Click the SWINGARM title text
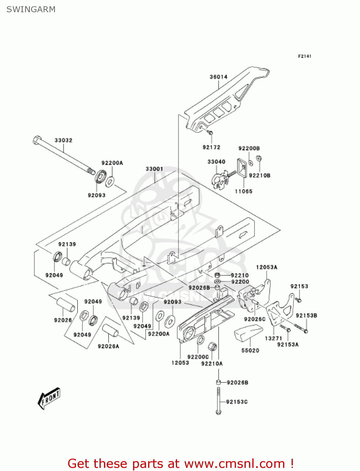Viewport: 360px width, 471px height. (x=31, y=9)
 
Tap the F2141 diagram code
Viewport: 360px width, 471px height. (x=304, y=56)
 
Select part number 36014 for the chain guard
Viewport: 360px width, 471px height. (x=218, y=77)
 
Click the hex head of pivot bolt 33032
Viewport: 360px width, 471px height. (x=37, y=140)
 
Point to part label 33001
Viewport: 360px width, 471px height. (x=154, y=169)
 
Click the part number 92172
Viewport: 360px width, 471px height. (x=211, y=147)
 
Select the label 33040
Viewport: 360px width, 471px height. (x=216, y=162)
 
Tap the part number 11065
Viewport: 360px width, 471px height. (x=244, y=191)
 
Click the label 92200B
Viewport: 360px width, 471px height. (x=249, y=148)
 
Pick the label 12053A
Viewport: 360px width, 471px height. (x=266, y=267)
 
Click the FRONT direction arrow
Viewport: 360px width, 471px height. (x=49, y=398)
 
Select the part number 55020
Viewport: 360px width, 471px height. (x=250, y=350)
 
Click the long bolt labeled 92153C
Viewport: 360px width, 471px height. (x=218, y=400)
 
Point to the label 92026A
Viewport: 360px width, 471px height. (x=108, y=346)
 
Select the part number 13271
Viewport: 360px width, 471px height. (x=273, y=338)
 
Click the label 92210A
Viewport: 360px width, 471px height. (x=212, y=364)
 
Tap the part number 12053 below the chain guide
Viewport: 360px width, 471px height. (x=180, y=363)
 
